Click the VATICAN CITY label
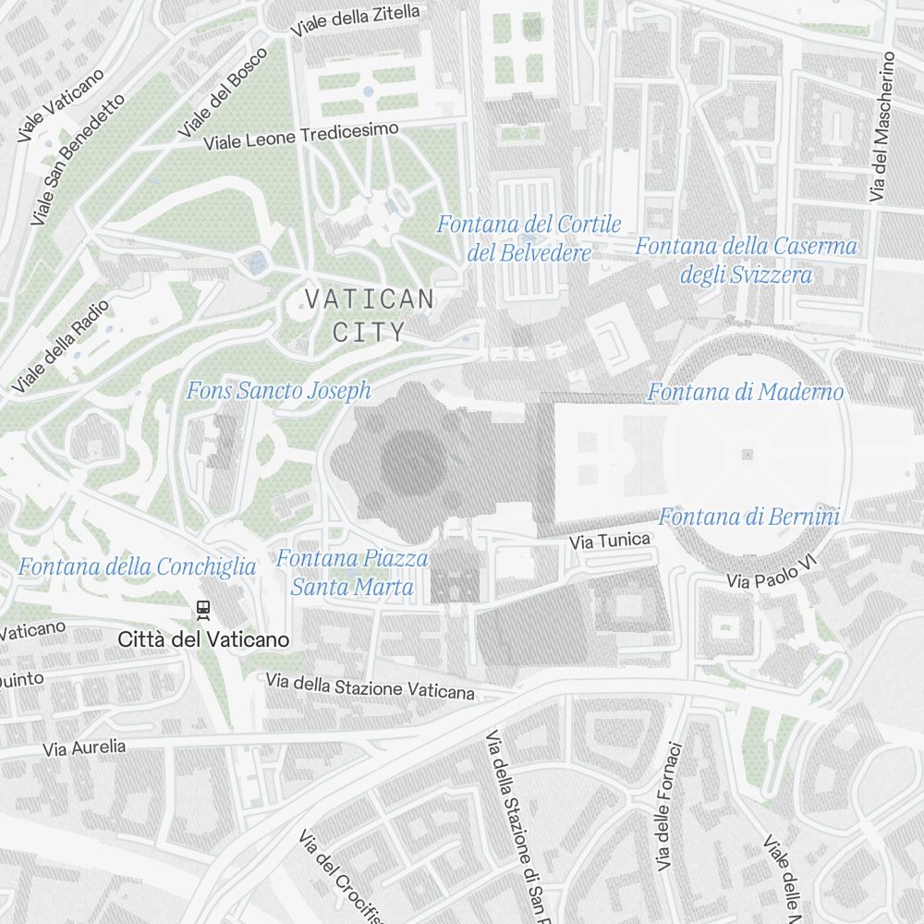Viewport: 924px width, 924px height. click(x=369, y=315)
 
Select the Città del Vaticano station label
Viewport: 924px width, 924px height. click(x=204, y=639)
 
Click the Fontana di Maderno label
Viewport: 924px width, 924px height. click(x=745, y=393)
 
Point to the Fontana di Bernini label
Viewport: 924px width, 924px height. click(x=748, y=517)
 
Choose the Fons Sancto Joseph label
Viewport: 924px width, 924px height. click(x=278, y=391)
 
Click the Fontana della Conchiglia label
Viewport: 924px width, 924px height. click(x=138, y=566)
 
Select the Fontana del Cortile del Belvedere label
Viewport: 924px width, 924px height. click(x=529, y=238)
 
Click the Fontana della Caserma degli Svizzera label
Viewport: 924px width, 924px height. click(x=746, y=261)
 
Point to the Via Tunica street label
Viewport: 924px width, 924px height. click(x=610, y=540)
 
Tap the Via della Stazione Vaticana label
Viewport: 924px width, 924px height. click(x=370, y=687)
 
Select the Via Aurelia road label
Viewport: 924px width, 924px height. click(x=84, y=748)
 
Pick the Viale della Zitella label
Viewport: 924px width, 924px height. click(x=355, y=20)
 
